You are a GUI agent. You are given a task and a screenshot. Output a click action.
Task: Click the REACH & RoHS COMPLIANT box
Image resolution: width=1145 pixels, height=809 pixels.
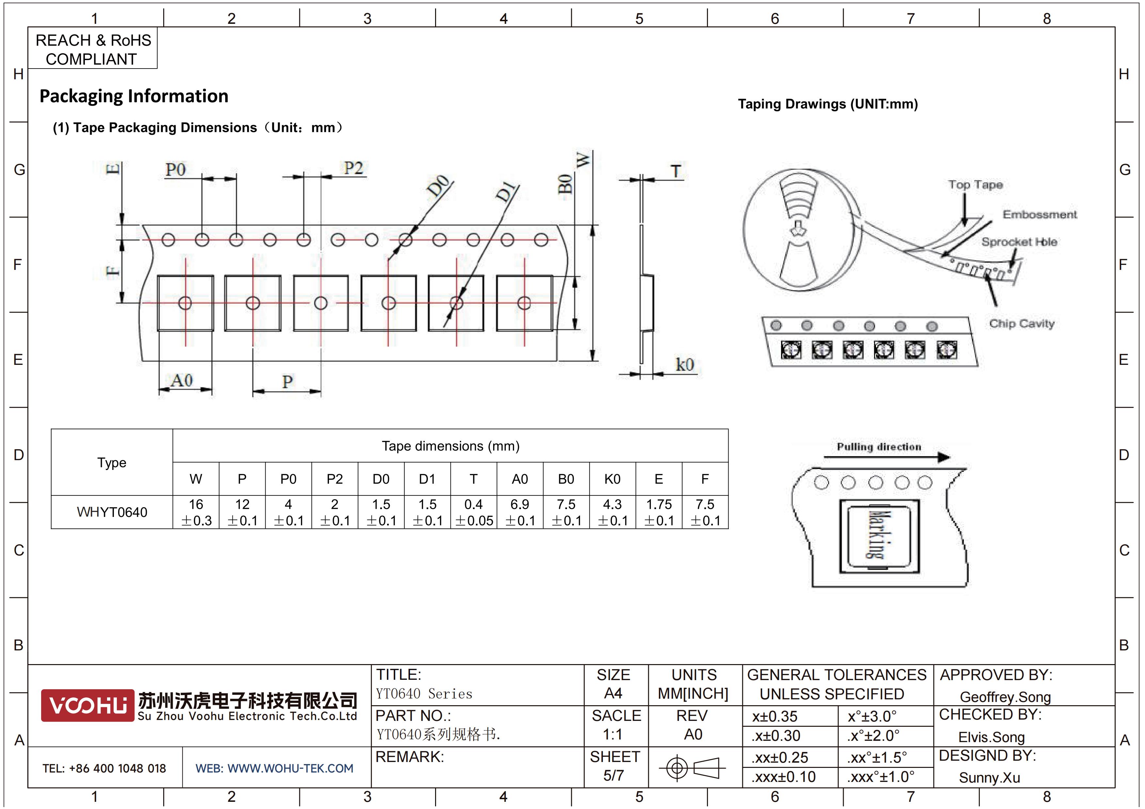pos(93,48)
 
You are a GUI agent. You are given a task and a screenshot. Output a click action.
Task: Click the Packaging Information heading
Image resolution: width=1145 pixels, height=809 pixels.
pos(133,96)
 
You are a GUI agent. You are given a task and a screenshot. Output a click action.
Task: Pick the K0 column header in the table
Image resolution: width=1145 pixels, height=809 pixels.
pos(612,479)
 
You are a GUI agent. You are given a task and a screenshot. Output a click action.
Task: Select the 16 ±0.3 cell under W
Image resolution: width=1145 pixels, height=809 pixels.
pos(196,512)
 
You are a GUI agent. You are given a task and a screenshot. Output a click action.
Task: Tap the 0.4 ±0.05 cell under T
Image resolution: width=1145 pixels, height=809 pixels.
pos(473,512)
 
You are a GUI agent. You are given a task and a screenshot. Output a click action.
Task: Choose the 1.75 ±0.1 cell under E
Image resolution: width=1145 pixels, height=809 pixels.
pos(658,512)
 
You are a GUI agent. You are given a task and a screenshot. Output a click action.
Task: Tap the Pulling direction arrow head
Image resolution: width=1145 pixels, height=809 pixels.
pos(944,457)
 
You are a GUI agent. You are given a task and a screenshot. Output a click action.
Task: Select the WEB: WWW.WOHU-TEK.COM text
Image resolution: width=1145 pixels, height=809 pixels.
pos(274,768)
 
